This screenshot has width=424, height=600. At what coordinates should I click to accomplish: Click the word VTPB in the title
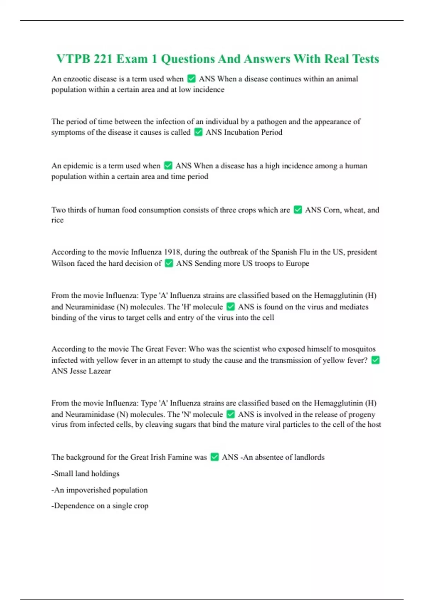[73, 59]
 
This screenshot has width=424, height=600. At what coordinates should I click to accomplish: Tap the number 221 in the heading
[103, 59]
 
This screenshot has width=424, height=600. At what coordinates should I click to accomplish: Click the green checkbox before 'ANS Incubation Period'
[199, 132]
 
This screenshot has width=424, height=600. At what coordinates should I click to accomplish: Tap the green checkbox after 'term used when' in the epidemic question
[169, 166]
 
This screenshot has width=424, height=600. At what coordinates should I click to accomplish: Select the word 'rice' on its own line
[57, 220]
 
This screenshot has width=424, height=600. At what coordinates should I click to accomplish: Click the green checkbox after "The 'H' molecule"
[231, 307]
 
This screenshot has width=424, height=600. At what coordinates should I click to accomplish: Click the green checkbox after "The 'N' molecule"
[231, 414]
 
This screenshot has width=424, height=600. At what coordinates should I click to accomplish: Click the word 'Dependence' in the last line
[74, 506]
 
